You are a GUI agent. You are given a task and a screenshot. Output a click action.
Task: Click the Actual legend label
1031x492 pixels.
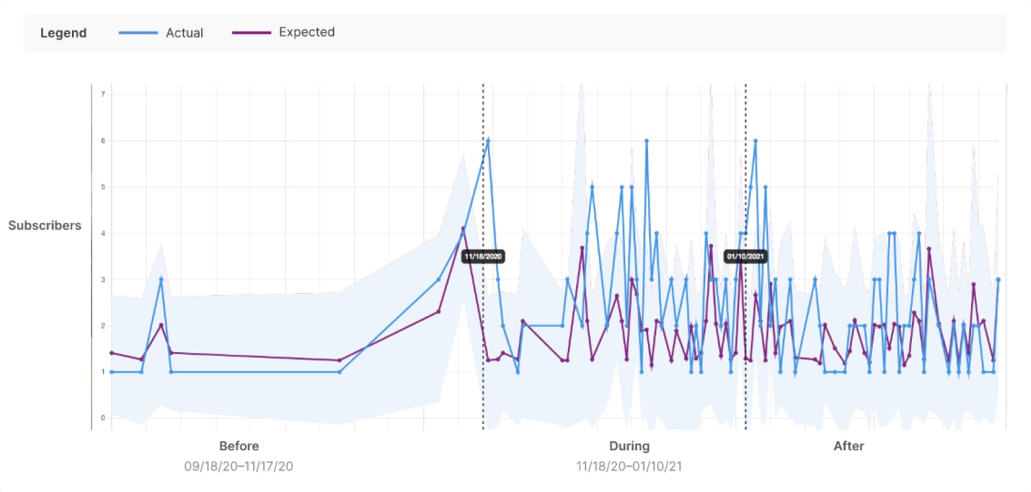pyautogui.click(x=184, y=33)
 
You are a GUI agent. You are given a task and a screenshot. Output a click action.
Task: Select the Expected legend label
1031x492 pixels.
pyautogui.click(x=306, y=32)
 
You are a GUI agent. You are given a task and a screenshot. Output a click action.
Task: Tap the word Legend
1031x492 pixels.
pyautogui.click(x=63, y=33)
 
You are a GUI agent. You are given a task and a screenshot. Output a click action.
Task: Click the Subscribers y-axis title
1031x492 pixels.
pyautogui.click(x=44, y=225)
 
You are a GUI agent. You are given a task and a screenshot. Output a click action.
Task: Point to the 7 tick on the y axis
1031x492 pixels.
pyautogui.click(x=103, y=94)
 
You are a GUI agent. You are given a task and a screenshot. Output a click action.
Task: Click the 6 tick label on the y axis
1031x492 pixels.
pyautogui.click(x=103, y=140)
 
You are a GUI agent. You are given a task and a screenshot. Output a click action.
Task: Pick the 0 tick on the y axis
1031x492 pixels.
pyautogui.click(x=103, y=418)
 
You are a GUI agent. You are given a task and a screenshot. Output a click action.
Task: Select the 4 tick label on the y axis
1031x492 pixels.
pyautogui.click(x=103, y=233)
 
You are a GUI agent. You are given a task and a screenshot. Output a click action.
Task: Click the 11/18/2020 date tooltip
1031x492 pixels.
pyautogui.click(x=483, y=256)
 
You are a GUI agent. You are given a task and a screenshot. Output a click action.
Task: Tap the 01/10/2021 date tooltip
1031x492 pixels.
pyautogui.click(x=745, y=256)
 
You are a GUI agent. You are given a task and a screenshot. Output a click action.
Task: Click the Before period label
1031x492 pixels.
pyautogui.click(x=239, y=446)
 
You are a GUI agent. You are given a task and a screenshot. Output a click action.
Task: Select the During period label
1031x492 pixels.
pyautogui.click(x=629, y=446)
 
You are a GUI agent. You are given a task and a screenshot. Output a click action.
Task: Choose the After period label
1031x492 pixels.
pyautogui.click(x=849, y=446)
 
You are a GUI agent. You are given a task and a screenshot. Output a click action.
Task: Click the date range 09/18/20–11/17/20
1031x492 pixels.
pyautogui.click(x=239, y=466)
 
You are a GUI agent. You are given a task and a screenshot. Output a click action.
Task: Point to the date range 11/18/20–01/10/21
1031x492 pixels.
pyautogui.click(x=629, y=466)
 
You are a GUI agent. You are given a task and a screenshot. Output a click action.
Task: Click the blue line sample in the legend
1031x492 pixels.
pyautogui.click(x=138, y=33)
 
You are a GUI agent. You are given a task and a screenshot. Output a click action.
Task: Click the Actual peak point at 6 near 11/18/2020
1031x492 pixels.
pyautogui.click(x=488, y=140)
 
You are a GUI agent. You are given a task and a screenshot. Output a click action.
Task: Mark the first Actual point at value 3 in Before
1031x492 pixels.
pyautogui.click(x=161, y=279)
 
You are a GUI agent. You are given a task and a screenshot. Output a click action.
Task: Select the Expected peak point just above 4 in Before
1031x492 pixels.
pyautogui.click(x=463, y=229)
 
